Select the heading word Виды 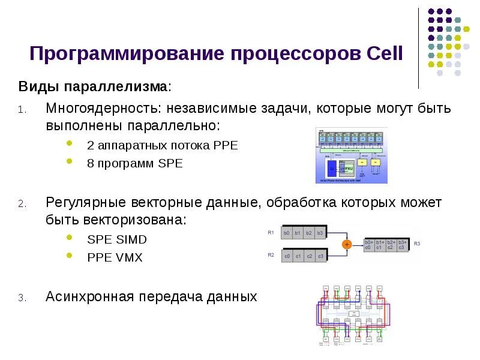tap(38, 86)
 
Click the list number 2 tap(21, 203)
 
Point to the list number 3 tap(21, 298)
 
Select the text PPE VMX tap(115, 258)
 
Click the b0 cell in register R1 tap(287, 233)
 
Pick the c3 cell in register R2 tap(320, 256)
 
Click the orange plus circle tap(346, 244)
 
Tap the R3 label tap(417, 244)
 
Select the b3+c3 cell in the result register tap(403, 244)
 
